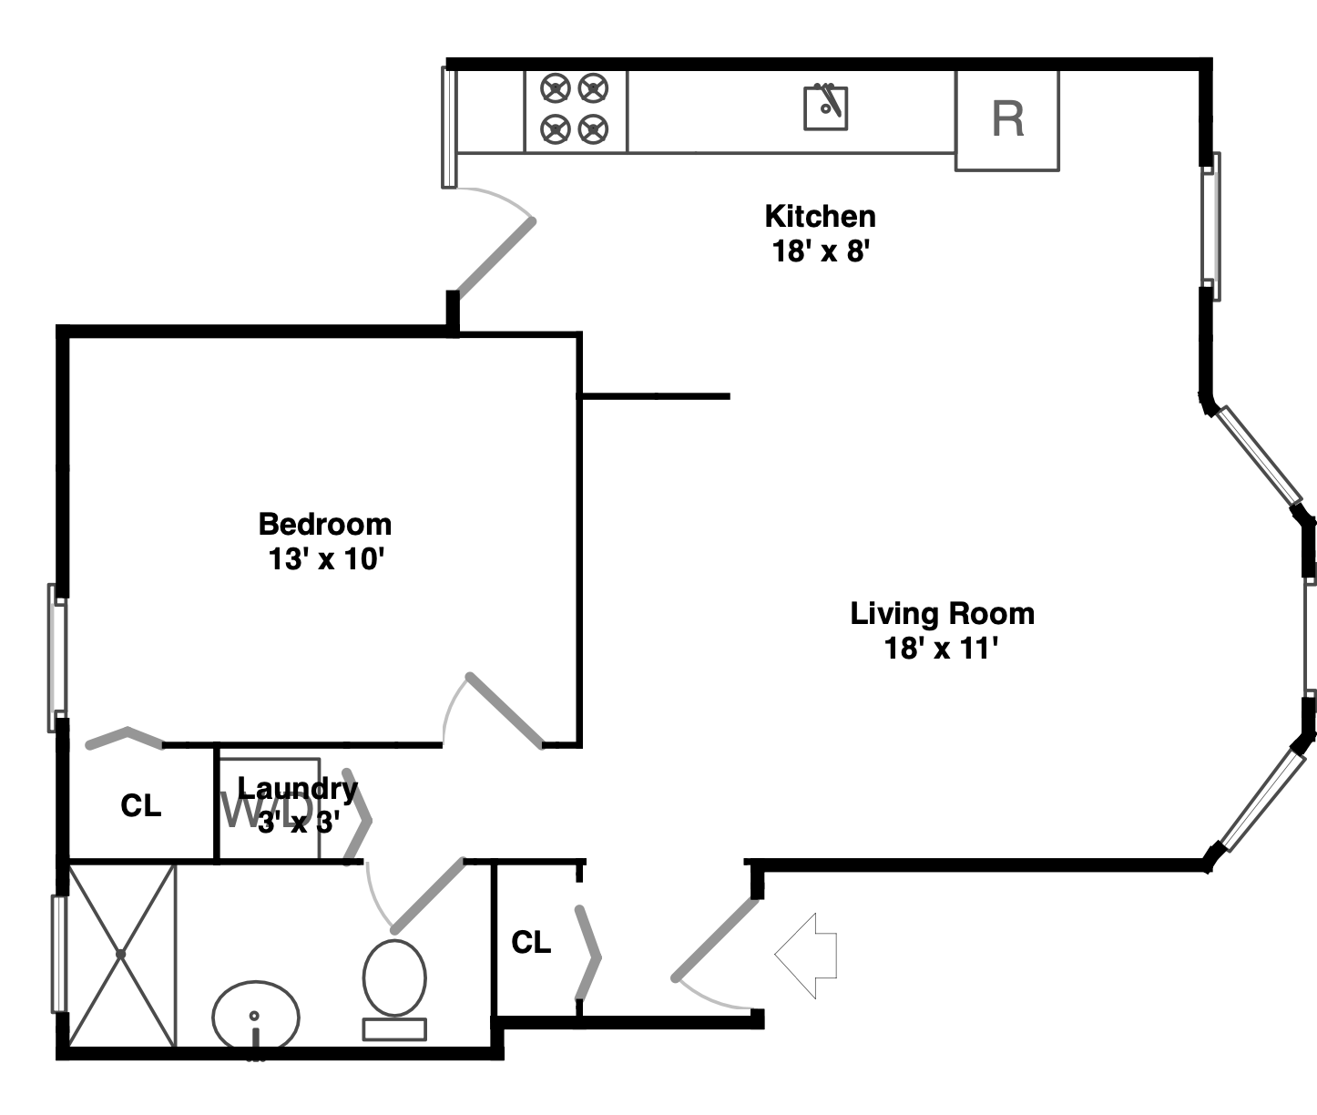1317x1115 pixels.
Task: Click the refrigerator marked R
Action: click(x=1006, y=120)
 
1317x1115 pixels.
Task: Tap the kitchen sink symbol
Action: click(x=825, y=107)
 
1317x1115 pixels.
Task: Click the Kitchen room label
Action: click(x=820, y=217)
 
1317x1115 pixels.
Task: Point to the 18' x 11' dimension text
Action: click(x=942, y=649)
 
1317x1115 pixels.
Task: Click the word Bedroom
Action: click(x=325, y=524)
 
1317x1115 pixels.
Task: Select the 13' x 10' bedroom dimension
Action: click(x=325, y=558)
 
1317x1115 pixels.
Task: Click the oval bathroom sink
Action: click(x=256, y=1017)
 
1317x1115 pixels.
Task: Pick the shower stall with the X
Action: click(x=121, y=955)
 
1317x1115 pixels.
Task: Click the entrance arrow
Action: click(x=806, y=955)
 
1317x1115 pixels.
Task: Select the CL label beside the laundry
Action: click(x=141, y=806)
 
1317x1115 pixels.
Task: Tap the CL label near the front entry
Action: click(x=531, y=942)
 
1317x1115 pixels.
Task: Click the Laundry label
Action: click(x=298, y=788)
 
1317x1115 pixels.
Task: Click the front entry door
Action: click(x=716, y=940)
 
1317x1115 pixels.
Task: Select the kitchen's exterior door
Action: click(x=495, y=258)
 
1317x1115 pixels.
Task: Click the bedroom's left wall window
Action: click(x=57, y=657)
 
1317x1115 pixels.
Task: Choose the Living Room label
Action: click(x=942, y=613)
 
